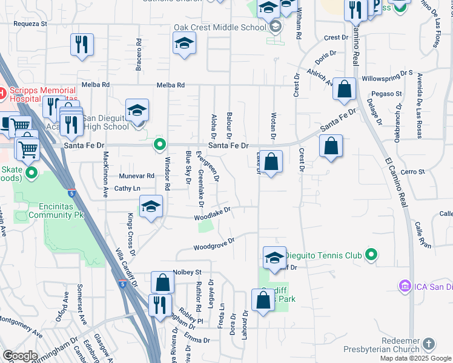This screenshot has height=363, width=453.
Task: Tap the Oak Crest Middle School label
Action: [219, 27]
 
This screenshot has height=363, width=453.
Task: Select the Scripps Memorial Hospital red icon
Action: [2, 93]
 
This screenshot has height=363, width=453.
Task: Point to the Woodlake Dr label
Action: [213, 214]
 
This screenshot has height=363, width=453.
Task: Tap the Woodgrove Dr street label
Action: [213, 244]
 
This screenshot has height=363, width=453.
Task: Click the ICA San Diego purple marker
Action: [405, 285]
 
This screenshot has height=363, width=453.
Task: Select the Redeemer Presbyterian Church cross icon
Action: [428, 344]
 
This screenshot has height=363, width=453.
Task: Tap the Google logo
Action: [19, 356]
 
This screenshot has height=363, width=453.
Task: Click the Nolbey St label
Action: [187, 272]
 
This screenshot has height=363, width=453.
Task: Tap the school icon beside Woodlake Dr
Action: [151, 206]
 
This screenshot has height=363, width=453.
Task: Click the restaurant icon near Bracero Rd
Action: [81, 44]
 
